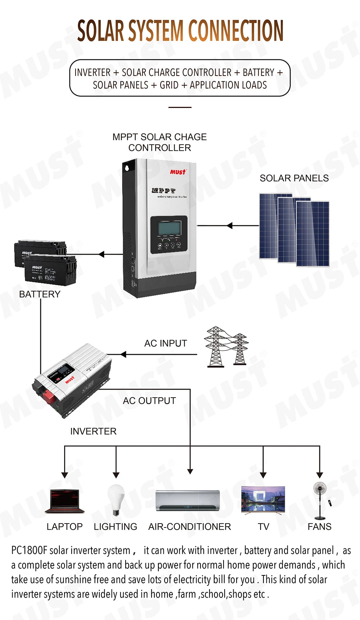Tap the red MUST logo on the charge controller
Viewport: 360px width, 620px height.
(178, 172)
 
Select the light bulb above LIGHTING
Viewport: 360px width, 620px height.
(116, 499)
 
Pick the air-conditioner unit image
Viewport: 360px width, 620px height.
(188, 501)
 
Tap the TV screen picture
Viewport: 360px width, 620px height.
(263, 499)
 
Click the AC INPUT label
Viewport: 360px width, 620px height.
(166, 343)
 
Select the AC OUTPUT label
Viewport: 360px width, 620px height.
(149, 401)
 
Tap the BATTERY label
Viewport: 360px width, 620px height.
(40, 294)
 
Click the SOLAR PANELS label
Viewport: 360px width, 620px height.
(294, 178)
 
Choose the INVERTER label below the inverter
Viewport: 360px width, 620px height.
(93, 431)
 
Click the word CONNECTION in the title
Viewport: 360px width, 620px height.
(236, 31)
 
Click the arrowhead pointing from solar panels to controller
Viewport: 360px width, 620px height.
(230, 226)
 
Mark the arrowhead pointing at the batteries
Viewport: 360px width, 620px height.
(101, 254)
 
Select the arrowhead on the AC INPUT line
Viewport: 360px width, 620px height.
(123, 354)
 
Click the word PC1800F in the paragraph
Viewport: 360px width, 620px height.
(29, 551)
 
